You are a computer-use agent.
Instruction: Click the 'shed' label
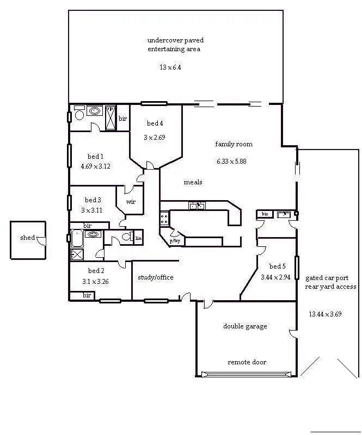coord(27,238)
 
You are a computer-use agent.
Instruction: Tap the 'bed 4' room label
coord(155,123)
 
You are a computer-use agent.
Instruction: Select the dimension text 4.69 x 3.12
coord(95,166)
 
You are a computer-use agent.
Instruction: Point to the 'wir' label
coord(131,201)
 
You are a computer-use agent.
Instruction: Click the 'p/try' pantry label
coord(175,240)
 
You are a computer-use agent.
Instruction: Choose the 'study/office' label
coord(156,277)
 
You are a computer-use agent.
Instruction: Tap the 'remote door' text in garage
coord(247,362)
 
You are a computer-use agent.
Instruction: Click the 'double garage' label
coord(245,326)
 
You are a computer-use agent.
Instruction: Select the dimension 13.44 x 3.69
coord(325,314)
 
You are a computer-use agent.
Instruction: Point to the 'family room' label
coord(234,144)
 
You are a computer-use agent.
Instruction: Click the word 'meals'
coord(193,182)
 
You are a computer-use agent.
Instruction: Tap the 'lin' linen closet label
coord(138,238)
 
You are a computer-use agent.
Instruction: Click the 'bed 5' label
coord(277,266)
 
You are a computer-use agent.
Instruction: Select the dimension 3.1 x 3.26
coord(95,282)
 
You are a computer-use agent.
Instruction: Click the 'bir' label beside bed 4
coord(123,119)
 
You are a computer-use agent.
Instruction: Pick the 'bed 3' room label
coord(93,200)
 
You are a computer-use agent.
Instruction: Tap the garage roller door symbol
coord(246,374)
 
